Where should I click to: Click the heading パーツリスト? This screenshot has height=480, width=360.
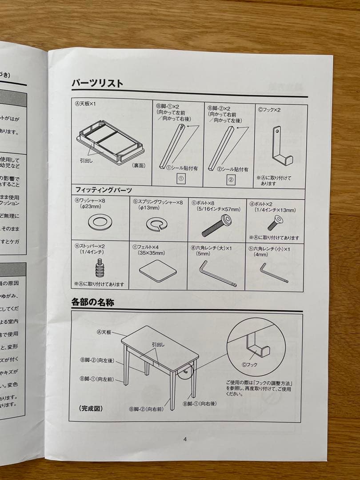click(97, 83)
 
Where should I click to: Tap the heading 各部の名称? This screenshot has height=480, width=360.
click(93, 302)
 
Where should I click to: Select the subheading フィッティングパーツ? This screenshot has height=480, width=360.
click(104, 190)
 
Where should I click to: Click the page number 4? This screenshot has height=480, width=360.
click(185, 439)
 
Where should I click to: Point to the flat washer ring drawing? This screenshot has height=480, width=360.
click(100, 222)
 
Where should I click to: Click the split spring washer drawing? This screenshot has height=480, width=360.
click(156, 224)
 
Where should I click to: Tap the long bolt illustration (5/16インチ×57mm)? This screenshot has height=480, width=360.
click(215, 225)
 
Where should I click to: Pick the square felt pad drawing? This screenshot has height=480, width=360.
click(158, 270)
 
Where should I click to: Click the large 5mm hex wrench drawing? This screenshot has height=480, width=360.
click(216, 273)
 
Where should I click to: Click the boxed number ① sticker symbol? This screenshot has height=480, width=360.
click(181, 179)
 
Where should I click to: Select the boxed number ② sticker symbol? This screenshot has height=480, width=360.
click(231, 180)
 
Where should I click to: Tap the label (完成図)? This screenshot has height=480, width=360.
click(91, 408)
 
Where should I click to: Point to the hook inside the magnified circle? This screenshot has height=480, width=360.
click(257, 346)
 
